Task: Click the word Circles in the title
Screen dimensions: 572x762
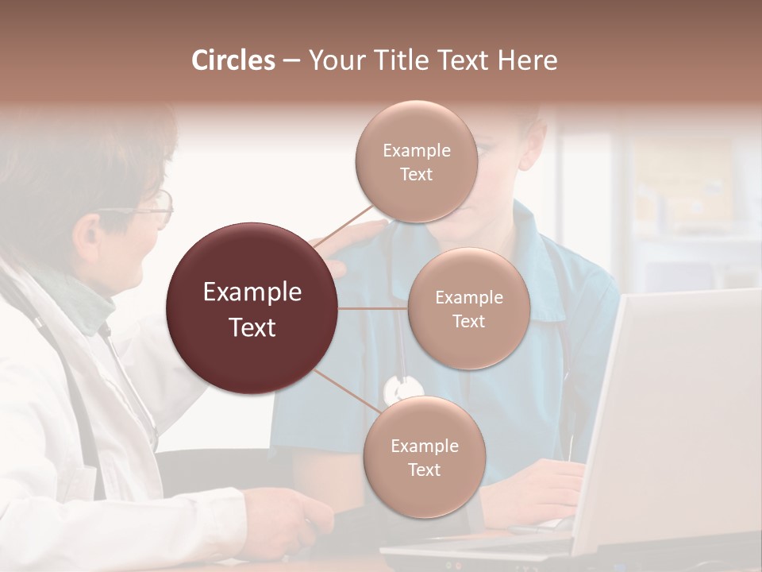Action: (233, 60)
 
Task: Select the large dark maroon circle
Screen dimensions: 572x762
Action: (252, 308)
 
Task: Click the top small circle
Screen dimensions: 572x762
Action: (416, 161)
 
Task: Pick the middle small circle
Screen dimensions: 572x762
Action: (468, 308)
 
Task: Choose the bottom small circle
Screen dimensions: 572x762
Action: (424, 457)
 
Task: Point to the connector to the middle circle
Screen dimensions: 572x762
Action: (373, 308)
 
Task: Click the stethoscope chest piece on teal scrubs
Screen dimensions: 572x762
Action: (402, 389)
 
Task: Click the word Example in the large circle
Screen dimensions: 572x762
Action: (252, 292)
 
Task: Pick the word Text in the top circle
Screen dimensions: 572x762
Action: (416, 174)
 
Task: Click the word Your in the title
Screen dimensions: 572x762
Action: (333, 60)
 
